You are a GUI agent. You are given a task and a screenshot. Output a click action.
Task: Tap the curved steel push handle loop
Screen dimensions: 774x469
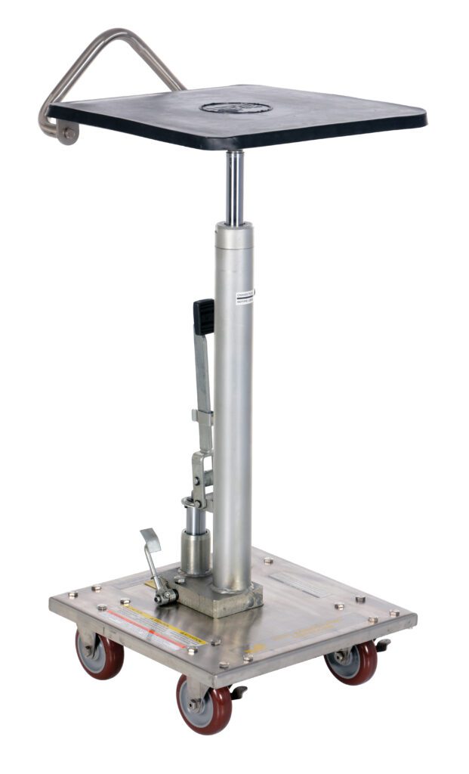[113, 53]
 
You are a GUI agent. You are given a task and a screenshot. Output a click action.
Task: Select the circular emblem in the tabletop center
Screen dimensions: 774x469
[236, 107]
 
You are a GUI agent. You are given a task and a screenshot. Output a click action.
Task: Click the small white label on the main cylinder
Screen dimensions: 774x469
[245, 295]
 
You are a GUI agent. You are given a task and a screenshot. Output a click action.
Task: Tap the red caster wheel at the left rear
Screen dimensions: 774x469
[100, 654]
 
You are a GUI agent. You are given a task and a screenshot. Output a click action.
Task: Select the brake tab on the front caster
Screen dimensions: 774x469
[237, 692]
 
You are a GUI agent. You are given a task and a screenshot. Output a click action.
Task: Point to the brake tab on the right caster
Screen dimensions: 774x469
[383, 645]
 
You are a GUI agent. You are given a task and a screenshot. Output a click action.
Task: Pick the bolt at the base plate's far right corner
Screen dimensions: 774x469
[393, 613]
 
